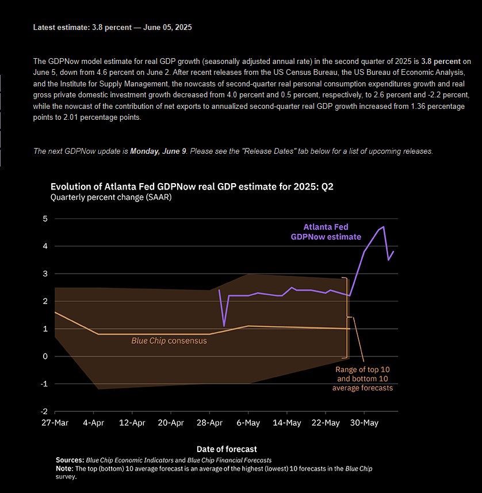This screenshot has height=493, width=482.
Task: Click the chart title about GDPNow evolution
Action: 191,186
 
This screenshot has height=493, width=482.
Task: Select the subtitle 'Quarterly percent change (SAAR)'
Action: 111,197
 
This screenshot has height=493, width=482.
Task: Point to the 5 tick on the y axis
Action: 44,219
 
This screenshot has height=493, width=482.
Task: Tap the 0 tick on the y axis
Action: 44,357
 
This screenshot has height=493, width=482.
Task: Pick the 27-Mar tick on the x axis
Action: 55,423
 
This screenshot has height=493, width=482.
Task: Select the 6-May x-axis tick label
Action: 247,423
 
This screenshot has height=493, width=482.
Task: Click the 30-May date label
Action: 364,423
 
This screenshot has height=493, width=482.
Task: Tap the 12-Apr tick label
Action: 132,423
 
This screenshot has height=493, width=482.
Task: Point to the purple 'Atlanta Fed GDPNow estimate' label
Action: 326,232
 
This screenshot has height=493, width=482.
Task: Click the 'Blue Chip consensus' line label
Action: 169,340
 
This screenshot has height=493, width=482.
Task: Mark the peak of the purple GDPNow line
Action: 384,227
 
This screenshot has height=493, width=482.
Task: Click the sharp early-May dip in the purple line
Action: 224,326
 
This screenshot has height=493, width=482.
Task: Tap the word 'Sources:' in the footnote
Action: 70,460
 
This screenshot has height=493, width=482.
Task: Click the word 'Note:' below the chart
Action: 64,469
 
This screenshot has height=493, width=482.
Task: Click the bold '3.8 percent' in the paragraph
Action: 442,61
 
